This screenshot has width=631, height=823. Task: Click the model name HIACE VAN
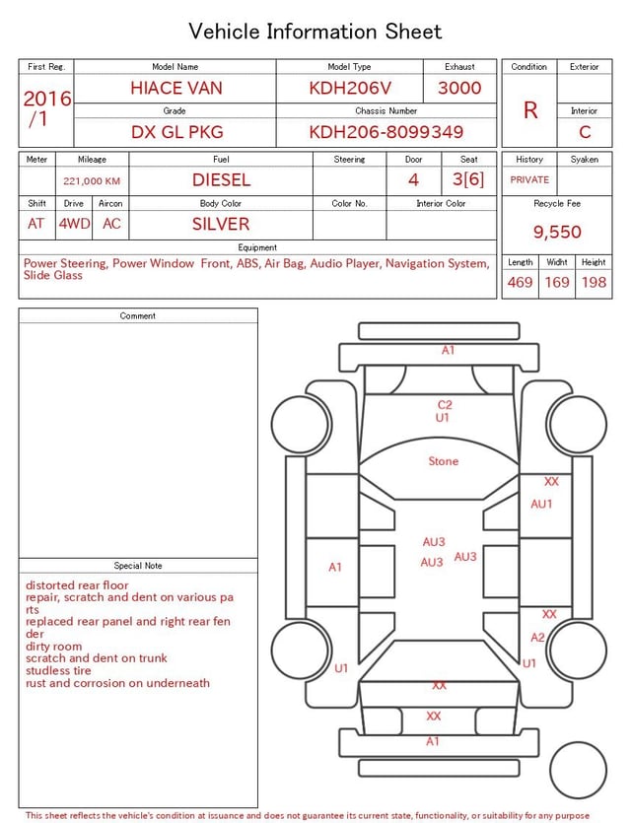(x=176, y=88)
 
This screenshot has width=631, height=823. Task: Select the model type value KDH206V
(x=350, y=88)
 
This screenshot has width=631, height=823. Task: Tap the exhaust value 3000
(x=459, y=88)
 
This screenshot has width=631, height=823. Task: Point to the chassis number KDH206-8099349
(x=386, y=132)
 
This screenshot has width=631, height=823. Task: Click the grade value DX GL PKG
(x=176, y=132)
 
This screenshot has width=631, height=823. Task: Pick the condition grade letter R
(x=530, y=110)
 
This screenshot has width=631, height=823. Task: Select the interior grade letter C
(x=585, y=132)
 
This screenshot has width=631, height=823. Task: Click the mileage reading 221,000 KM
(x=92, y=181)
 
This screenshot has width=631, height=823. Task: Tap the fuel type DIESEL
(x=222, y=180)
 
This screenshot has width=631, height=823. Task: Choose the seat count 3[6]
(x=468, y=179)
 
